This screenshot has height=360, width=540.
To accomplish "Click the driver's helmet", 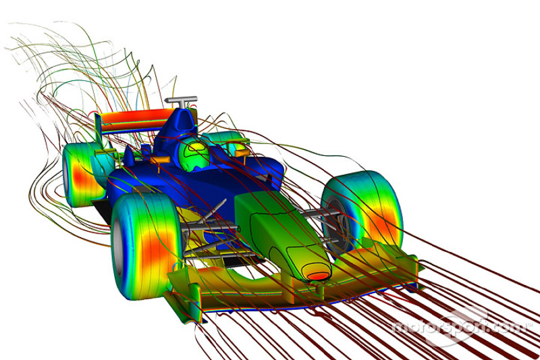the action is coord(194,155).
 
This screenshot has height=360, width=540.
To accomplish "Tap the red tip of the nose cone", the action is coord(318,276).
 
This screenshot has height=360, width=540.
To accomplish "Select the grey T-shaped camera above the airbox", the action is coord(181,101).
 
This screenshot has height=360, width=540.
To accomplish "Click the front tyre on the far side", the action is coord(362,210).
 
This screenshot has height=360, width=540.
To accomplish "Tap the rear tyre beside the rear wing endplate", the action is coord(82,175).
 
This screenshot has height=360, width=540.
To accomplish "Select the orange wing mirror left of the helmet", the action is coord(160,160).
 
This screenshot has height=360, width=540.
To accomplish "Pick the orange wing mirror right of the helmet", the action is coord(240,152).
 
